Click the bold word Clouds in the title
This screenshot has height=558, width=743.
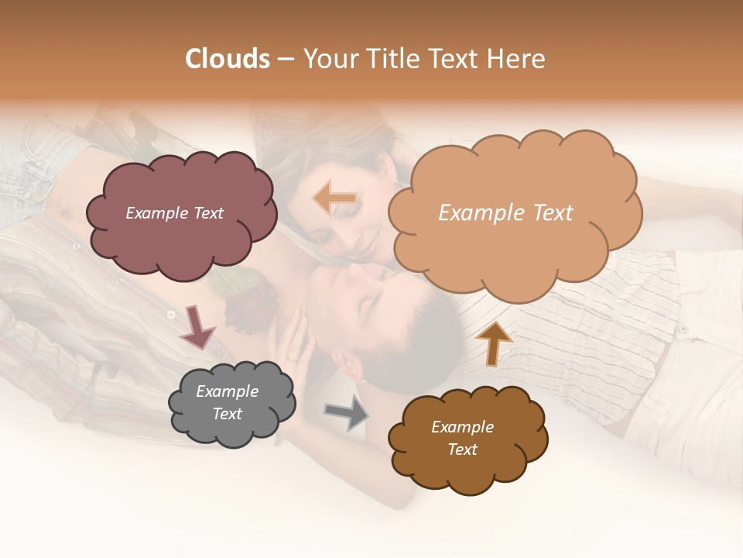pyautogui.click(x=228, y=59)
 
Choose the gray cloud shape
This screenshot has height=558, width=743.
pyautogui.click(x=231, y=430)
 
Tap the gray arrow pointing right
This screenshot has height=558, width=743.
pyautogui.click(x=346, y=412)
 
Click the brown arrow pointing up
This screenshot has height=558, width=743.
pyautogui.click(x=494, y=343)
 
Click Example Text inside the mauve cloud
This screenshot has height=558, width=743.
pyautogui.click(x=174, y=213)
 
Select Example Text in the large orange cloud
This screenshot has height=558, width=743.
pyautogui.click(x=505, y=213)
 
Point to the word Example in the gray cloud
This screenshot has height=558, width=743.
pyautogui.click(x=227, y=391)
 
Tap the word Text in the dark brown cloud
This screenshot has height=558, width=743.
pyautogui.click(x=462, y=449)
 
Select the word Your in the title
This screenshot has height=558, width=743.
pyautogui.click(x=330, y=59)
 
